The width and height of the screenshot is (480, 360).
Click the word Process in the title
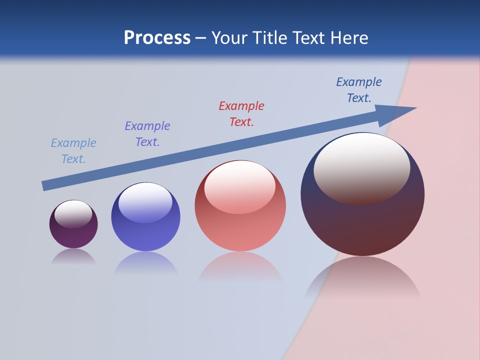[x=157, y=38]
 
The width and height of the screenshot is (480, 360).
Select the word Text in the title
[x=307, y=38]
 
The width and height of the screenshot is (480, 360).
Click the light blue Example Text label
[x=73, y=151]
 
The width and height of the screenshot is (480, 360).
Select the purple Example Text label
[x=147, y=134]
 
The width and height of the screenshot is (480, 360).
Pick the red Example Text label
[x=241, y=114]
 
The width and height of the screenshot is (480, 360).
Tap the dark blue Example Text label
[x=359, y=90]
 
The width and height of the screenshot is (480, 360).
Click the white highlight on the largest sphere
[x=361, y=165]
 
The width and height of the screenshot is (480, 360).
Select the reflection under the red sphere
[x=240, y=267]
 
